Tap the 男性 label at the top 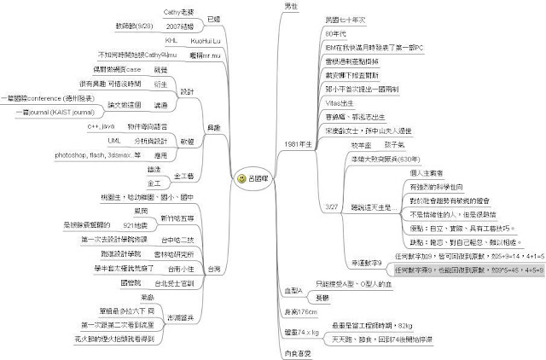point(290,6)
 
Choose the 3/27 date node point(333,206)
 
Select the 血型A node point(293,291)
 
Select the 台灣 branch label point(213,270)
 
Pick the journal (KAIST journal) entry point(50,111)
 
